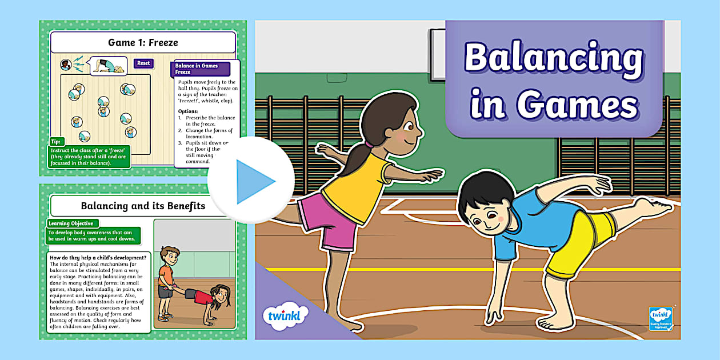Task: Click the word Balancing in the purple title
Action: point(553,58)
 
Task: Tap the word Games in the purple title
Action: point(577,106)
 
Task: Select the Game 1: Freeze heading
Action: point(143,42)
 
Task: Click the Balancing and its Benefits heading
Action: point(135,206)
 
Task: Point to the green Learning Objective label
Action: point(71,223)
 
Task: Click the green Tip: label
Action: point(56,141)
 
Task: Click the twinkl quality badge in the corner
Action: point(661,318)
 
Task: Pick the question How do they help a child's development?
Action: point(98,258)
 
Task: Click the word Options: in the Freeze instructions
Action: point(188,111)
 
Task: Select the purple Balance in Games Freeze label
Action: point(200,69)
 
